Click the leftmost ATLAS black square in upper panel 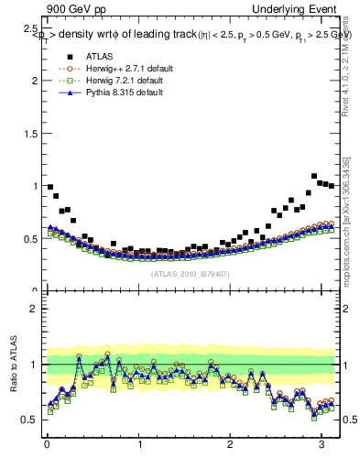point(50,187)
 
